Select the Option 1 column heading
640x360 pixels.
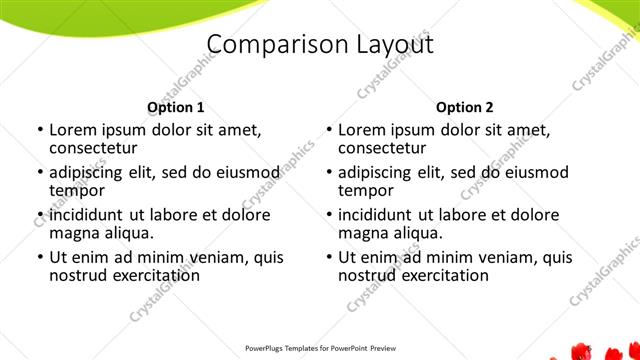176,107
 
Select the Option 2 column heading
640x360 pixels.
465,107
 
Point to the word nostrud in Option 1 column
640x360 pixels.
77,275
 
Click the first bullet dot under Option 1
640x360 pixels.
39,130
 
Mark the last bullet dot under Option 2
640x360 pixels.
328,257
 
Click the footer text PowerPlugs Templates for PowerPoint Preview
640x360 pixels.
319,349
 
